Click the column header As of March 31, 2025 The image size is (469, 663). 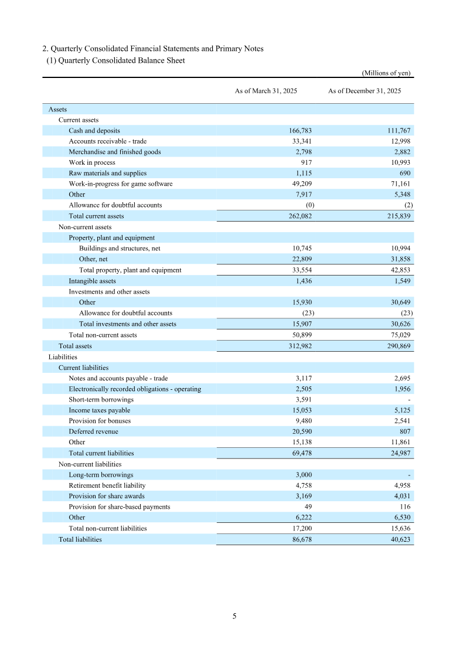[x=266, y=91]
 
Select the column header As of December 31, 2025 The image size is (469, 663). [x=364, y=91]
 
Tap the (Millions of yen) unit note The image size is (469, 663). [x=386, y=73]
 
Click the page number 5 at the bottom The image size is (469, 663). [x=235, y=616]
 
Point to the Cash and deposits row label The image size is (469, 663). [x=94, y=131]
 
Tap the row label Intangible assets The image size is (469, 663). [x=92, y=281]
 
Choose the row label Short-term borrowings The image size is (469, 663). [x=101, y=400]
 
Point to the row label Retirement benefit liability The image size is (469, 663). [x=107, y=485]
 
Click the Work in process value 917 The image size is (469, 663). [x=307, y=162]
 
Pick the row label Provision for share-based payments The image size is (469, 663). [x=119, y=506]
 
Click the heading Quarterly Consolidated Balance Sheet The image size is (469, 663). [x=120, y=60]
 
